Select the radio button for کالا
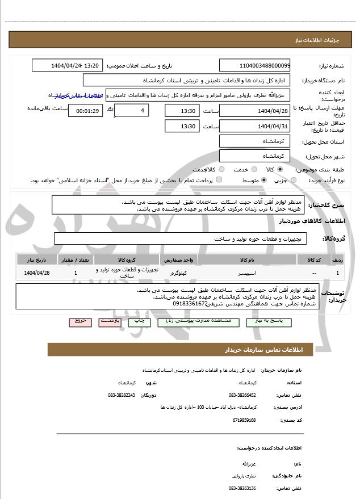[x=280, y=170]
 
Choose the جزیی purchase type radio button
[x=294, y=181]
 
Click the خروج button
[x=80, y=321]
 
